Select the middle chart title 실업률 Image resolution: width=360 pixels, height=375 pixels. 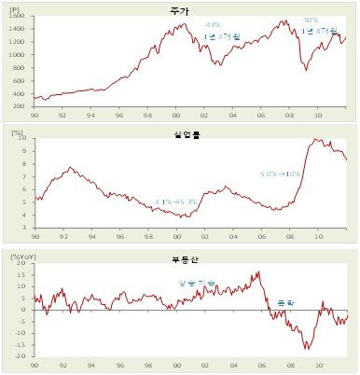(x=191, y=134)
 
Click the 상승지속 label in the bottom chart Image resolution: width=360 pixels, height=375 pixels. (x=195, y=282)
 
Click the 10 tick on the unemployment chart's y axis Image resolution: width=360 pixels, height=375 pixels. (x=26, y=138)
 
